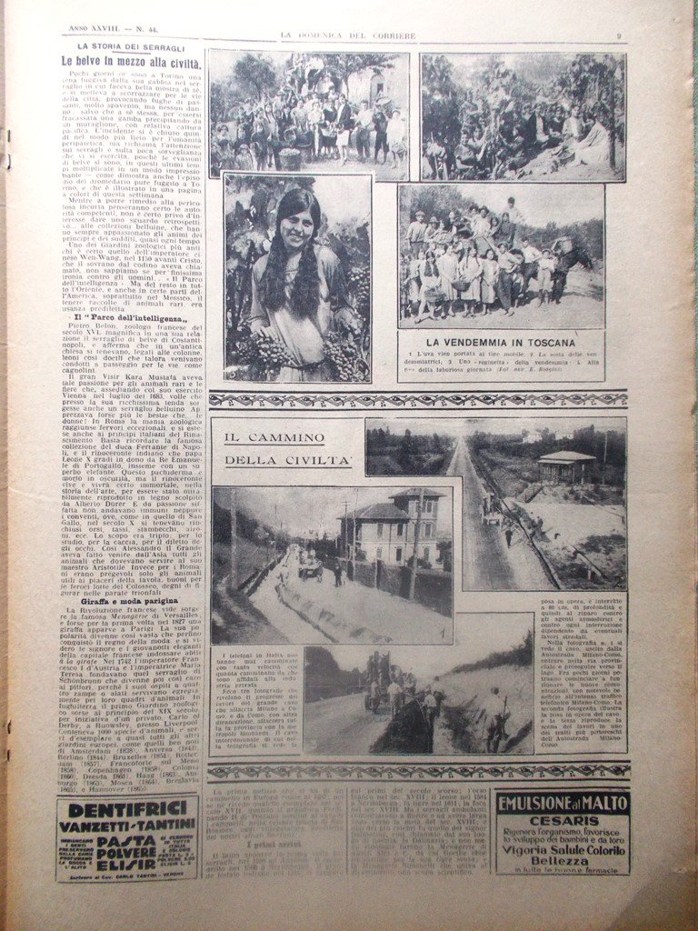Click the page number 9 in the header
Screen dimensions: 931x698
[x=618, y=36]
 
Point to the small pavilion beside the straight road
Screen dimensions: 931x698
[x=566, y=465]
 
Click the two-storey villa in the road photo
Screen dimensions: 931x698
[x=392, y=526]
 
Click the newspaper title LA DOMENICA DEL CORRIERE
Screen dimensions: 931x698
[x=347, y=35]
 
